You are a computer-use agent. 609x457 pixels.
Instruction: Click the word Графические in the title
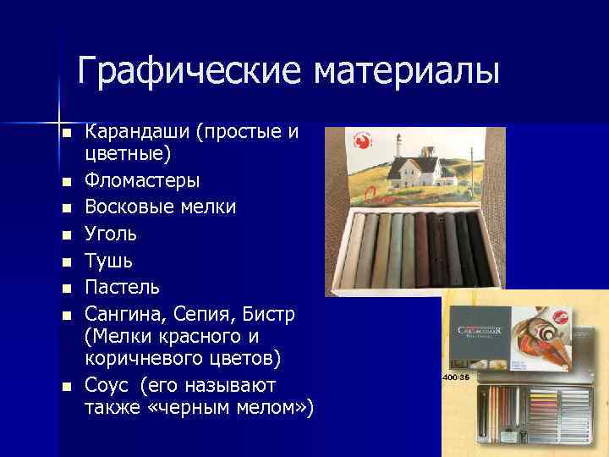point(192,71)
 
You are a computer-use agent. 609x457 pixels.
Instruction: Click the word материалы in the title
point(407,71)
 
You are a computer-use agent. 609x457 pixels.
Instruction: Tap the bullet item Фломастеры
point(143,180)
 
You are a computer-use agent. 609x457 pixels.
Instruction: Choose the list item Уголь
point(111,232)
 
